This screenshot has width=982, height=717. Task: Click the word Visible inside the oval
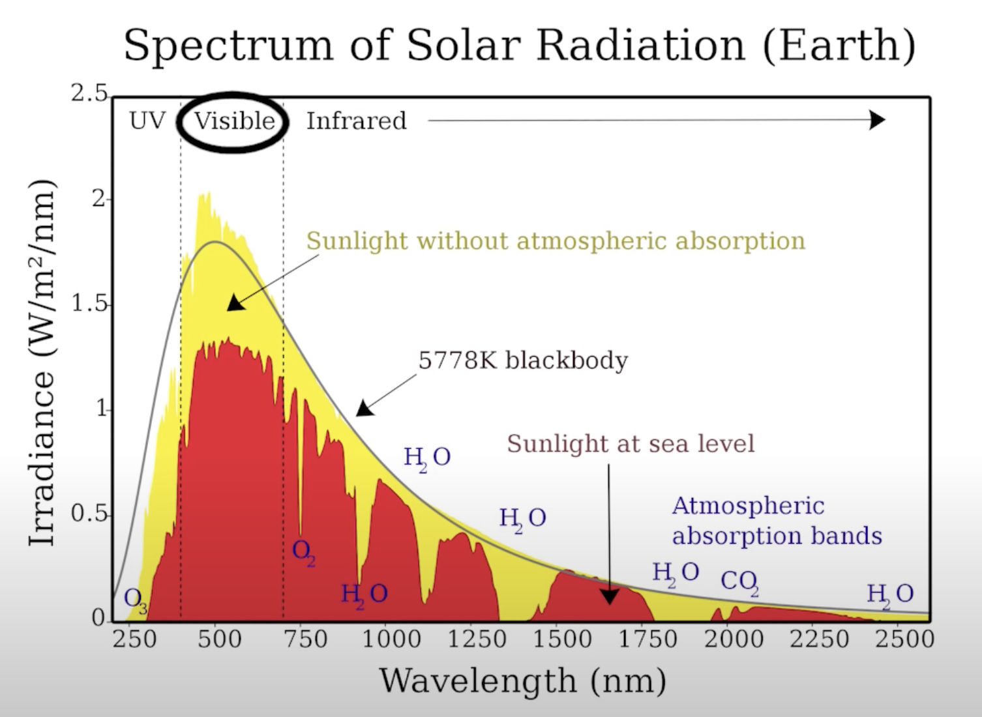(x=234, y=121)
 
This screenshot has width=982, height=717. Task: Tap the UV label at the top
(x=147, y=121)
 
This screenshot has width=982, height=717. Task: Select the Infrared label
(x=356, y=121)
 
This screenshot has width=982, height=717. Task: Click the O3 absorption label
(x=135, y=598)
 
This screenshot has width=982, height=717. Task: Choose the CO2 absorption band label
(x=739, y=580)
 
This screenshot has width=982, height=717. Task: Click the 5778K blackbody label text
(x=523, y=360)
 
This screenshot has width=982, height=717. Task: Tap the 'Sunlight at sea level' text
(x=631, y=444)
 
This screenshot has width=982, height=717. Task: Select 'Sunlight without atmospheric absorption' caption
(x=556, y=241)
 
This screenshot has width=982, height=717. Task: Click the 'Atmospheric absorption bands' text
(x=777, y=521)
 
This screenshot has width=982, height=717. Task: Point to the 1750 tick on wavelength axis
(x=647, y=639)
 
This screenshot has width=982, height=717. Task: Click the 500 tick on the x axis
(x=220, y=639)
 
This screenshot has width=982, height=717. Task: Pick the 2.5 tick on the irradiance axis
(x=89, y=95)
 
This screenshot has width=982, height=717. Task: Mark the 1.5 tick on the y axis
(x=89, y=304)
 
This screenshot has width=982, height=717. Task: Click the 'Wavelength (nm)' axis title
(x=523, y=680)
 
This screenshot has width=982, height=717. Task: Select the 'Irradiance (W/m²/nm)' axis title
(x=42, y=362)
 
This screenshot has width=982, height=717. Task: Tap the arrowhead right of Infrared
(x=878, y=120)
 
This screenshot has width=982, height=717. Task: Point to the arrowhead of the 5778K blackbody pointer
(x=364, y=408)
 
